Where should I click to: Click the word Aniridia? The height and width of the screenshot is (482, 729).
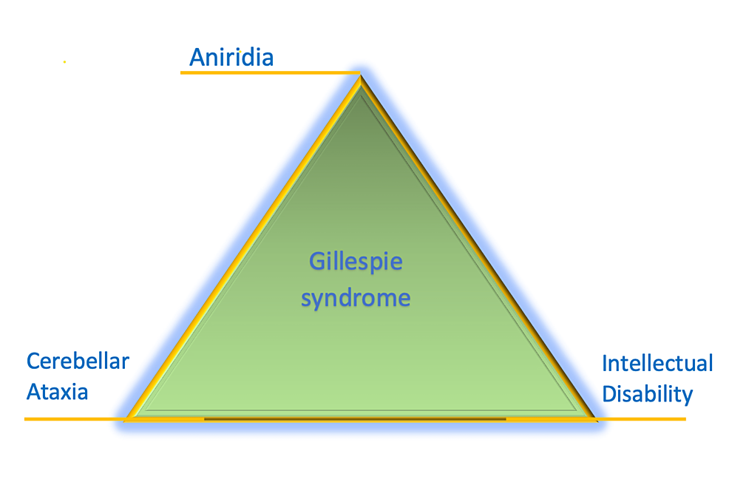(x=231, y=57)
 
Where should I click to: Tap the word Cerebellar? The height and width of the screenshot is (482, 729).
(x=78, y=361)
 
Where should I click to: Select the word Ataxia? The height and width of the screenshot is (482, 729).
(x=57, y=392)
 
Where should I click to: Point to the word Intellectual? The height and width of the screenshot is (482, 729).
(x=657, y=363)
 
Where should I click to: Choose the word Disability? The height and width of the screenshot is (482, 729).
(x=647, y=394)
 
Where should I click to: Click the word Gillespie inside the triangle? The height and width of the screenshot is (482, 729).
(x=356, y=262)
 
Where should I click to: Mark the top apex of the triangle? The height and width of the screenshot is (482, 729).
(x=360, y=75)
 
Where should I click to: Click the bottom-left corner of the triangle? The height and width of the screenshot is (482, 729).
(x=126, y=419)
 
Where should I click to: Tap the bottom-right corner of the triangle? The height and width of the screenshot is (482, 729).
(x=596, y=419)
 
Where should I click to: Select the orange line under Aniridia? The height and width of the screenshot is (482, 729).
(x=270, y=72)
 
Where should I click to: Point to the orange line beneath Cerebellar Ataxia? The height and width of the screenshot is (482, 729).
(x=75, y=419)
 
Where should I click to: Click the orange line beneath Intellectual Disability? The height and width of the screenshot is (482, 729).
(x=641, y=419)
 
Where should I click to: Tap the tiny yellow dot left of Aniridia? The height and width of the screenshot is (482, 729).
(x=64, y=62)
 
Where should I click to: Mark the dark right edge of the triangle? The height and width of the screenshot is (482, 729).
(x=478, y=247)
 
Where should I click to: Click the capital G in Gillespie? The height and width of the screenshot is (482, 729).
(x=316, y=261)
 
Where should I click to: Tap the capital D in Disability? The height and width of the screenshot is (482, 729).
(x=609, y=394)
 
